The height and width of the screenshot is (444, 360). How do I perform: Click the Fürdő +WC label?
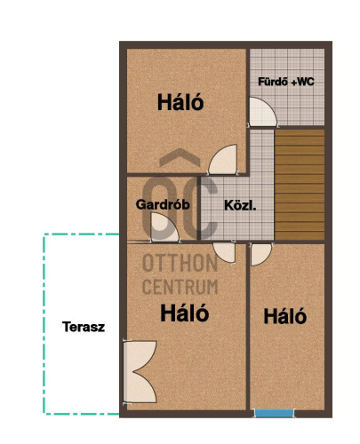click(286, 82)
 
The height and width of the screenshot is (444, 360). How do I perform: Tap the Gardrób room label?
click(163, 204)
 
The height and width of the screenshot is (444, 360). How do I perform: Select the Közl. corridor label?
click(240, 205)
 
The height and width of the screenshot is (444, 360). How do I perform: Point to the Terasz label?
click(84, 327)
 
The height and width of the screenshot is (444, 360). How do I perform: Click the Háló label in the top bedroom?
click(180, 102)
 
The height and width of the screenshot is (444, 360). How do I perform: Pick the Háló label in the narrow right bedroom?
click(285, 316)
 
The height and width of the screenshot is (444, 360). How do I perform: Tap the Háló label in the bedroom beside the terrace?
click(184, 313)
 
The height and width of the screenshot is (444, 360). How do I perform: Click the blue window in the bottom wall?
click(274, 413)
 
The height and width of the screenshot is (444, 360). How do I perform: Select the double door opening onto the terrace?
click(140, 372)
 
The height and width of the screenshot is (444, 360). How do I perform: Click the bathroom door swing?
click(262, 113)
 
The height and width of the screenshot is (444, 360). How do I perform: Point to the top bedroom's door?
click(223, 159)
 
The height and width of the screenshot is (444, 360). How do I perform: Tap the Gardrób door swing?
click(164, 227)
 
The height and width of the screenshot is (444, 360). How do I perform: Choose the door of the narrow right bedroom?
click(260, 255)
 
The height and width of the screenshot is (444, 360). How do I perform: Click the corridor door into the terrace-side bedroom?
click(225, 252)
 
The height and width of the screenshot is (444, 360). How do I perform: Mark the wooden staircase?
click(300, 185)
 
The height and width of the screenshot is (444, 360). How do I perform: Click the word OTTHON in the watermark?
click(180, 263)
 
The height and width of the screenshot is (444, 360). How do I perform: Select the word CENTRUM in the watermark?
click(180, 286)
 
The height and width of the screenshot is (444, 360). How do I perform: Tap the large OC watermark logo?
click(180, 208)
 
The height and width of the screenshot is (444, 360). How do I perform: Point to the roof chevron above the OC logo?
click(180, 157)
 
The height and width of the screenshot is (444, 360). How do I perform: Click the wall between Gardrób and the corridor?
click(199, 208)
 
